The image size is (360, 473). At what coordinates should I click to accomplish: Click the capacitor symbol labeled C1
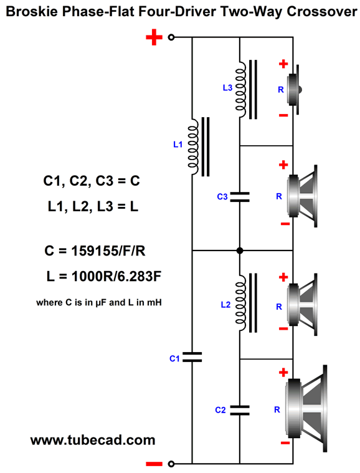point(192,357)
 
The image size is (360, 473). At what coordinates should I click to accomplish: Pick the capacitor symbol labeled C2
point(240,410)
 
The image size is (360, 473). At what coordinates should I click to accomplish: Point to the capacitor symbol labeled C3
point(240,197)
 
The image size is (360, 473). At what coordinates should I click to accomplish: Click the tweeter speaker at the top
point(294,90)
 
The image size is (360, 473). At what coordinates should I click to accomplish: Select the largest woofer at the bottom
point(306,408)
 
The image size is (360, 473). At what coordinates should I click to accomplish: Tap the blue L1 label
point(178,145)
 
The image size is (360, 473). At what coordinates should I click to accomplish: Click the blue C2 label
point(220,410)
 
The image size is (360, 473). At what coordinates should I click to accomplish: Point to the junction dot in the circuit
point(240,251)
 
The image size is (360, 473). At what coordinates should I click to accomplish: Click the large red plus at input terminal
point(154,37)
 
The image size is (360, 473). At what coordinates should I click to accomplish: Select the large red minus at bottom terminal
point(154,464)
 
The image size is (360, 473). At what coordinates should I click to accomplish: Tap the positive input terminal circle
point(171,37)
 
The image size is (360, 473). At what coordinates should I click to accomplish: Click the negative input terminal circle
point(171,464)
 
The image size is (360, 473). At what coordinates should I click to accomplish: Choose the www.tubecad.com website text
point(93,440)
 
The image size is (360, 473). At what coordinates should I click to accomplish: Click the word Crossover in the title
point(322,12)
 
